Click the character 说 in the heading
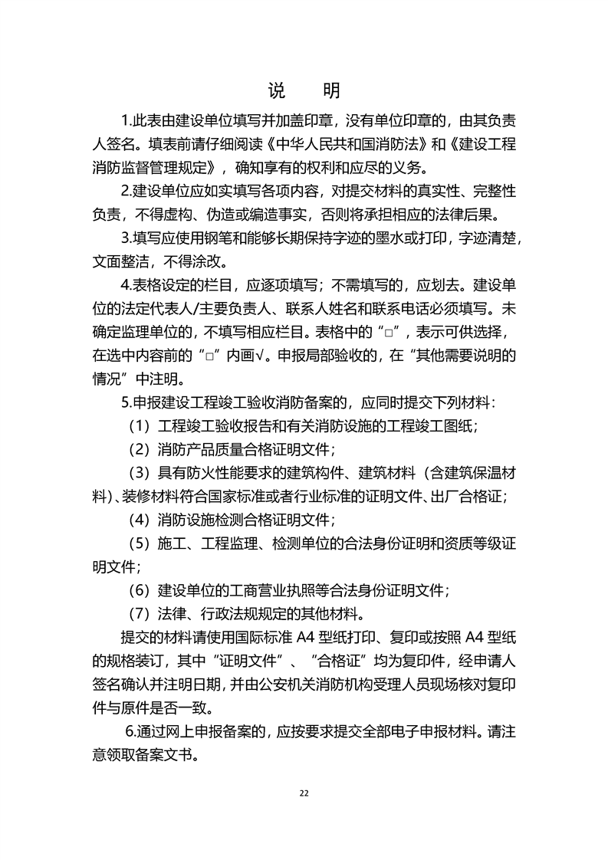click(276, 91)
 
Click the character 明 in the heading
click(332, 91)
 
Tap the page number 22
click(304, 793)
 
